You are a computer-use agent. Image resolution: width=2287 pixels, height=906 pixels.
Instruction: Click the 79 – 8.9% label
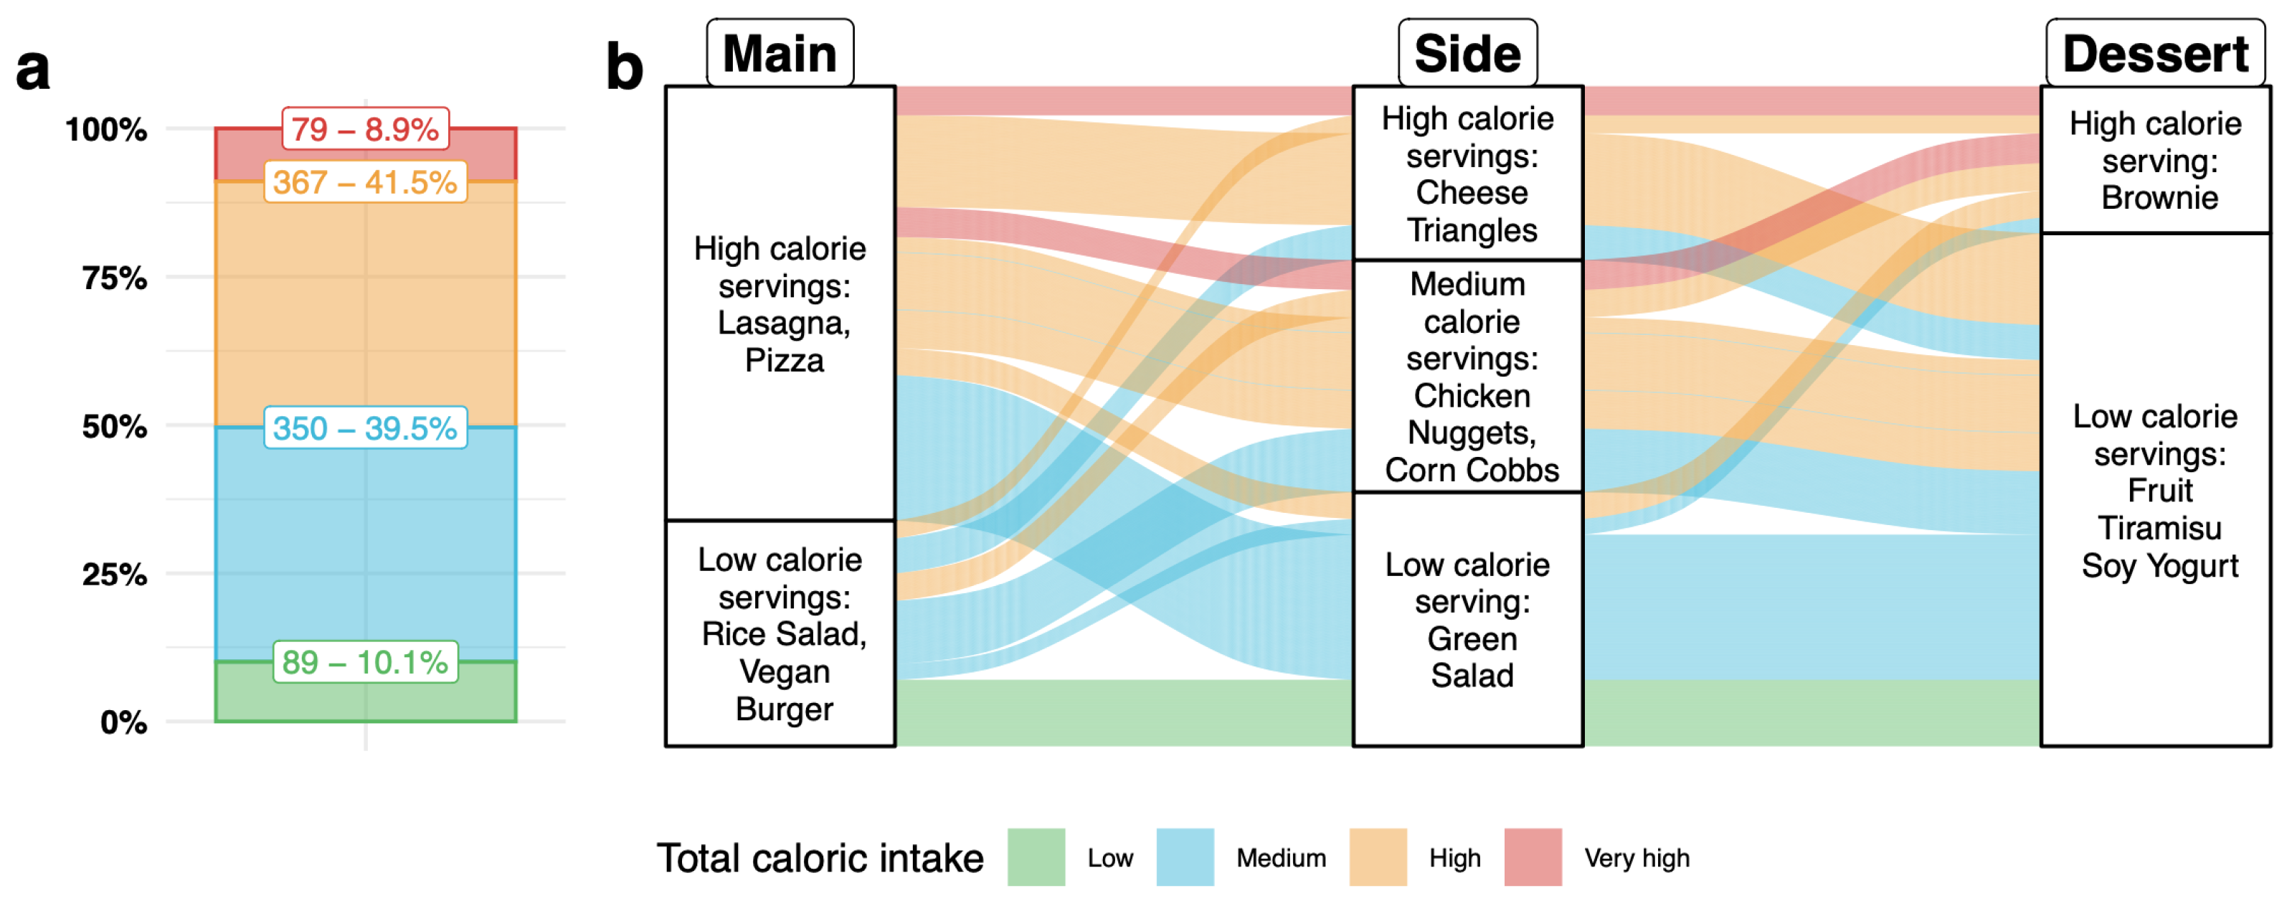(x=365, y=130)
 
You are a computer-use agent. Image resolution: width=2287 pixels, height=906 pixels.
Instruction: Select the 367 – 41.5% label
(x=365, y=183)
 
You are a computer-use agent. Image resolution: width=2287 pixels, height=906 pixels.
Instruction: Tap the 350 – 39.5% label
(x=365, y=428)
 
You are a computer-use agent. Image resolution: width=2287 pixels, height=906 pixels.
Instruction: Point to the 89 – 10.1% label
(x=365, y=661)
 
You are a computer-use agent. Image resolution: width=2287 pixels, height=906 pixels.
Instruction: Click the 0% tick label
(x=123, y=722)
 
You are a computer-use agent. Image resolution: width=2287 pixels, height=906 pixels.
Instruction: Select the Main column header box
(x=780, y=53)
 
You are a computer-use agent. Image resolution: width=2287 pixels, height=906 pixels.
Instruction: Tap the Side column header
(x=1467, y=53)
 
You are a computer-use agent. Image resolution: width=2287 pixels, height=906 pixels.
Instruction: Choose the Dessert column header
(x=2155, y=53)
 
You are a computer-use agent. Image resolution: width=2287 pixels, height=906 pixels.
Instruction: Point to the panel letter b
(x=624, y=67)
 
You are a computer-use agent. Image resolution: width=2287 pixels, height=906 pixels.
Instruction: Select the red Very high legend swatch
(x=1533, y=857)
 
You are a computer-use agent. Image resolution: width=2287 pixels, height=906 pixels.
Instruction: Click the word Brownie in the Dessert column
(x=2159, y=197)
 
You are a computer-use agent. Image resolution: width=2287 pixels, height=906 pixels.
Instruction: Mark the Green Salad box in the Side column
(x=1467, y=619)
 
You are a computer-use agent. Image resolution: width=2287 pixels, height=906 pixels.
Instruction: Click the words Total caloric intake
(x=820, y=858)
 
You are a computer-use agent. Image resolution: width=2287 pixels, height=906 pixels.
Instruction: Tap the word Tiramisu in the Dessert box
(x=2159, y=528)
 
